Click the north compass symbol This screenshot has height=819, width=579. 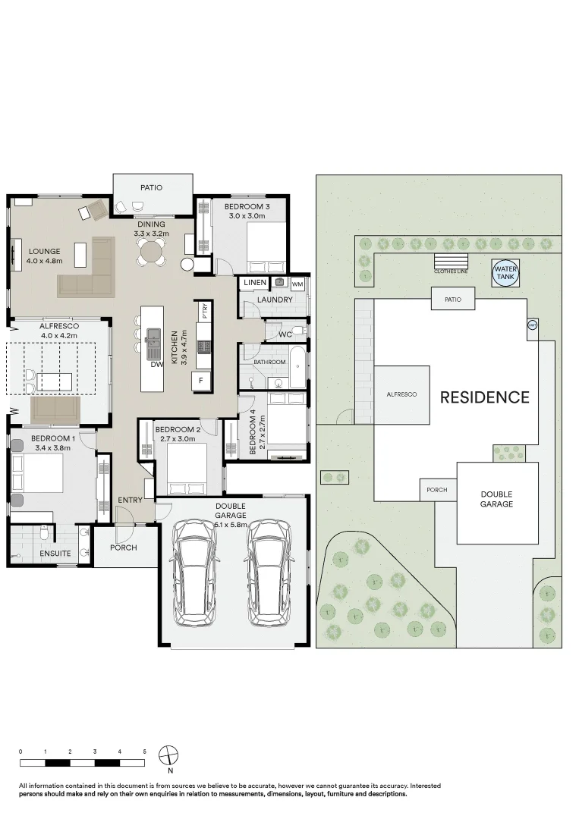click(169, 755)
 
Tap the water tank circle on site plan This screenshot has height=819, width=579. click(505, 273)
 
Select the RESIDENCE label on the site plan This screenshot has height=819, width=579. click(485, 397)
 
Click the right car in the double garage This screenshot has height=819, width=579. click(269, 573)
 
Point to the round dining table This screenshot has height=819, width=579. click(152, 257)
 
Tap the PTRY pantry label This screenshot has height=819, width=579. click(204, 311)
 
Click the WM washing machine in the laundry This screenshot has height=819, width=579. click(297, 283)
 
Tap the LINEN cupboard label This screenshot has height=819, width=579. click(255, 283)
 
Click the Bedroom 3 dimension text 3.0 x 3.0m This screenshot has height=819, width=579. click(247, 215)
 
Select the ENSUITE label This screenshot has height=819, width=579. click(55, 554)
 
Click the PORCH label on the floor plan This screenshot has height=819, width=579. click(123, 548)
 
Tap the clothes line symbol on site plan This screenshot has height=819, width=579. click(450, 264)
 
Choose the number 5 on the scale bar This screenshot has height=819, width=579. click(144, 751)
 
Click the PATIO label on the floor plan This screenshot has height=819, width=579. click(151, 187)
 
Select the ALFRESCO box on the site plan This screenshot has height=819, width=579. click(401, 394)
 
